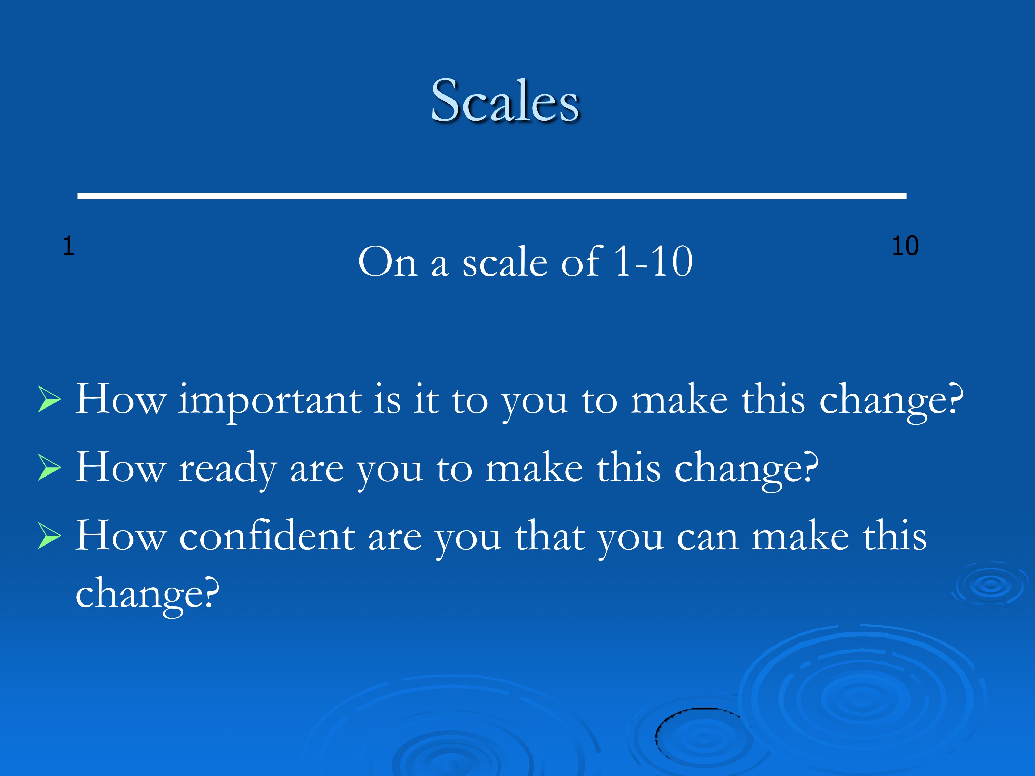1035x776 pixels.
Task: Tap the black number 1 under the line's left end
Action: click(68, 246)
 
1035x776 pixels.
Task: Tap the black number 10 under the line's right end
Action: click(905, 246)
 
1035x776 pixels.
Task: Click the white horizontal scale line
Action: click(492, 196)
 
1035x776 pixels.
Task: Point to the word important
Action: click(270, 401)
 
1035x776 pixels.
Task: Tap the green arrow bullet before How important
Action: click(49, 400)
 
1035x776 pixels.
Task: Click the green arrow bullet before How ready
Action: click(49, 468)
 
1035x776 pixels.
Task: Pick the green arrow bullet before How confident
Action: click(49, 537)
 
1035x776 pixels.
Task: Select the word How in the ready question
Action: click(121, 467)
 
